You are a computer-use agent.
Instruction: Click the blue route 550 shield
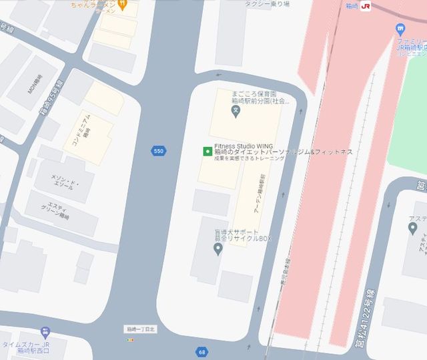point(158,151)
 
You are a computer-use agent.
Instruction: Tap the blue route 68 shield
point(201,351)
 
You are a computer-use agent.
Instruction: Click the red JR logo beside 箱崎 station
point(365,6)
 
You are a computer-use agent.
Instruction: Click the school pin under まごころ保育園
point(235,112)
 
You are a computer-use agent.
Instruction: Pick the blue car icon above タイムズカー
point(45,332)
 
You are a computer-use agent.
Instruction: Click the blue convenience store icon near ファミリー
point(400,29)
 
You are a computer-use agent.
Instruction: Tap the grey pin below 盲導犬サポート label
point(217,249)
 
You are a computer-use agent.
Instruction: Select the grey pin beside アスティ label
point(412,229)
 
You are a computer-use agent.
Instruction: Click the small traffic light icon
point(130,340)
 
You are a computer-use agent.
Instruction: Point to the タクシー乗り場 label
point(267,4)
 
